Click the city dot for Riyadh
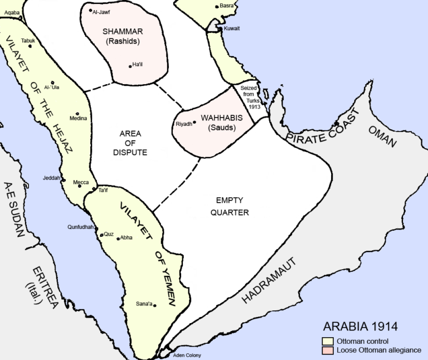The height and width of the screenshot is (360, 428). pyautogui.click(x=194, y=122)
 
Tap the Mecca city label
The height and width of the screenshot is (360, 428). pyautogui.click(x=80, y=182)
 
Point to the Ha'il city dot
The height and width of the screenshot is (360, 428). pyautogui.click(x=130, y=66)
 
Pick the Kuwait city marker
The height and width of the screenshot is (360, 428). pyautogui.click(x=219, y=28)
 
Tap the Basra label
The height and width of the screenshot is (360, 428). pyautogui.click(x=226, y=6)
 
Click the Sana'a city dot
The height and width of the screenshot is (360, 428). pyautogui.click(x=154, y=305)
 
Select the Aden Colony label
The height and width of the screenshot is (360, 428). pyautogui.click(x=187, y=355)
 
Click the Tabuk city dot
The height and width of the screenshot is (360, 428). pyautogui.click(x=30, y=46)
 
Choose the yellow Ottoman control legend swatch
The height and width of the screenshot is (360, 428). pyautogui.click(x=326, y=341)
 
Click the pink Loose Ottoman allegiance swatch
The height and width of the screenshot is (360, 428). pyautogui.click(x=326, y=350)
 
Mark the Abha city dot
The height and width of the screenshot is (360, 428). pyautogui.click(x=118, y=238)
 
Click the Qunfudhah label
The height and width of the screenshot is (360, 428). pyautogui.click(x=81, y=227)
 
